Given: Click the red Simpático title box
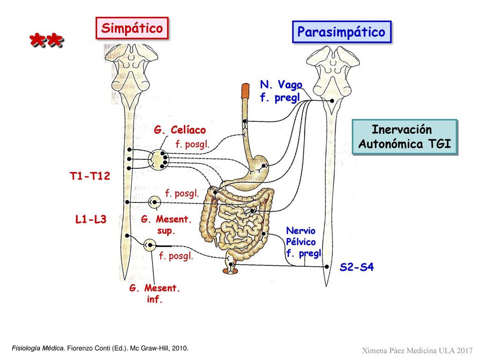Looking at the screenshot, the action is click(132, 28).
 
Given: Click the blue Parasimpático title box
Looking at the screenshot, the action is click(342, 32).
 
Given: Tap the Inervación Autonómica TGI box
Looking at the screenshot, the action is click(405, 137).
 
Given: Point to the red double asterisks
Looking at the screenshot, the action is click(46, 40).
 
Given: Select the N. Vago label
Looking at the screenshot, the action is click(281, 84).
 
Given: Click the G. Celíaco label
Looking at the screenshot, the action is click(180, 130).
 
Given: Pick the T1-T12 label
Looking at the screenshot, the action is click(90, 176).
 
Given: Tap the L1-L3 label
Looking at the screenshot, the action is click(90, 219).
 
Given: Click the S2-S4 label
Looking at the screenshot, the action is click(357, 267).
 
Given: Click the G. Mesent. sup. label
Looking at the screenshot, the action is click(166, 225).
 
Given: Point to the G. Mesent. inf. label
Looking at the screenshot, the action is click(154, 293).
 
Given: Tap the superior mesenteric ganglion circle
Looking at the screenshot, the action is click(154, 202).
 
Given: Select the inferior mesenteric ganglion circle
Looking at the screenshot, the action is click(150, 245).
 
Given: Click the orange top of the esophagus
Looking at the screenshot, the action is click(245, 91).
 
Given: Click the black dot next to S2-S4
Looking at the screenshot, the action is click(327, 267).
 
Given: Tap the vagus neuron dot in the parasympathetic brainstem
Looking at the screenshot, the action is click(332, 100).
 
